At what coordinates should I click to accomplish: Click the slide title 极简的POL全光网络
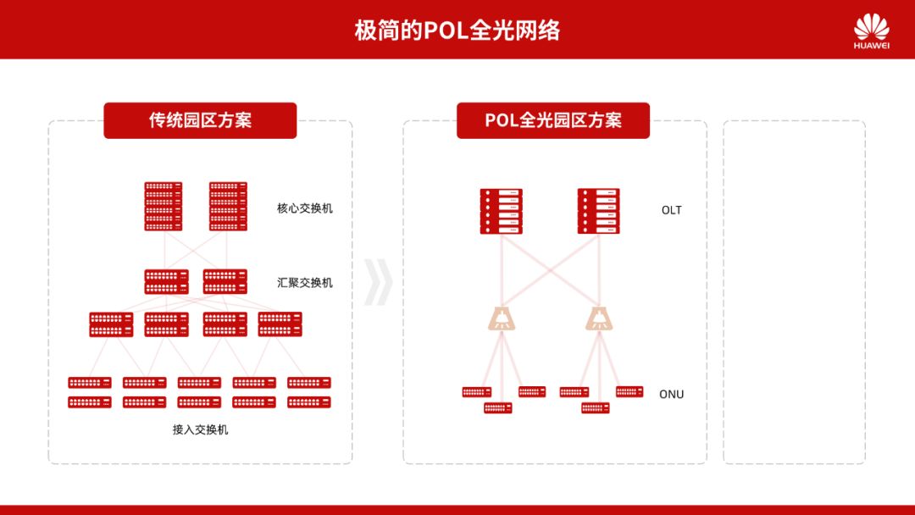(457, 30)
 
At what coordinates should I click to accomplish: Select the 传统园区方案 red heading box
(200, 120)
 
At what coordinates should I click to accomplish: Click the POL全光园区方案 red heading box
(552, 120)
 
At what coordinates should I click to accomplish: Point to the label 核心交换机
(305, 208)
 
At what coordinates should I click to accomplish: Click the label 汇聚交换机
(305, 282)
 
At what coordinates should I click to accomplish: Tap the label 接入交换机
(200, 429)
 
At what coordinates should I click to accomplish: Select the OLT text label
(672, 210)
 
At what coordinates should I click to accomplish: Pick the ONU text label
(671, 394)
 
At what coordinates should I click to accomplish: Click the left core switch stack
(163, 206)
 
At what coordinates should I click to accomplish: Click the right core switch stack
(228, 206)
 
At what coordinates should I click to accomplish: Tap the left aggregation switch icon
(166, 281)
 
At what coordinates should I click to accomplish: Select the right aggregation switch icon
(225, 281)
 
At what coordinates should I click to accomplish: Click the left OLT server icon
(501, 212)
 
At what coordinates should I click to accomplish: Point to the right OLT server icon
(599, 212)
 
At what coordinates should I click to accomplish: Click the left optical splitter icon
(502, 318)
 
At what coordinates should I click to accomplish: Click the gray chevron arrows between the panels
(378, 282)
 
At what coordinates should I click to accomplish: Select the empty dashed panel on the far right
(794, 292)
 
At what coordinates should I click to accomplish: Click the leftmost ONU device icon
(476, 392)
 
